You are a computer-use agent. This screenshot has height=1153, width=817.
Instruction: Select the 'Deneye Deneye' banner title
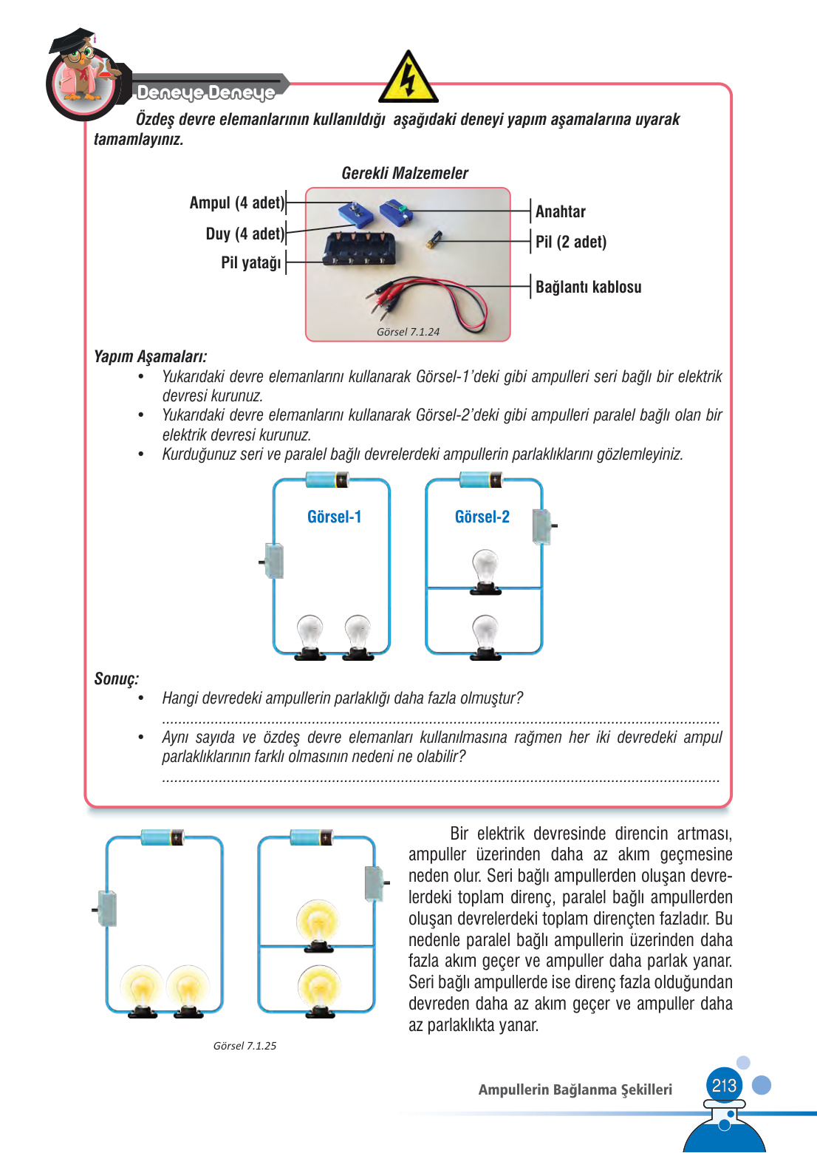coord(205,92)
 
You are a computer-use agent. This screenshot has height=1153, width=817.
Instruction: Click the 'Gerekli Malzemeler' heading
coord(405,173)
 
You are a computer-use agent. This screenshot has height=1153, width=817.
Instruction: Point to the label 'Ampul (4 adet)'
coord(236,203)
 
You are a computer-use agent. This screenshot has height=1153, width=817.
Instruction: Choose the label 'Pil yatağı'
coord(251,262)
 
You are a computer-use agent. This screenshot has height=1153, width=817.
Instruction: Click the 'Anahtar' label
coord(560,211)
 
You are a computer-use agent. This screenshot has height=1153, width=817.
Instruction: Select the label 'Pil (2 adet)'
coord(570,242)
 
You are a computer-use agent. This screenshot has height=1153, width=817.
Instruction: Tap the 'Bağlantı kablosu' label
coord(588,287)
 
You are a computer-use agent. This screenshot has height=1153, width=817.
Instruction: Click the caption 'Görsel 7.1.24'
coord(408,332)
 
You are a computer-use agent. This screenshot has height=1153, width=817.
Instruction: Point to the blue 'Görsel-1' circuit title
coord(334,517)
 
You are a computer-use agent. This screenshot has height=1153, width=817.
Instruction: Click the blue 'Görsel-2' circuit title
coord(482,517)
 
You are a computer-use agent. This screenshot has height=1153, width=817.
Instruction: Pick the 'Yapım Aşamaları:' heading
coord(150,356)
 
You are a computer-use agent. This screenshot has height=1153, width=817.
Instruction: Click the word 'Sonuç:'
coord(116,678)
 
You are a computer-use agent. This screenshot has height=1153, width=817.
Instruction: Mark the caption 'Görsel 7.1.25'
coord(245,1046)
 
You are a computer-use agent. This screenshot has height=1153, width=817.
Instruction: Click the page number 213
coord(724,1085)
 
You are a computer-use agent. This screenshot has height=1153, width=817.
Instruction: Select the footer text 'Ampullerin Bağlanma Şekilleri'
coord(575,1089)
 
